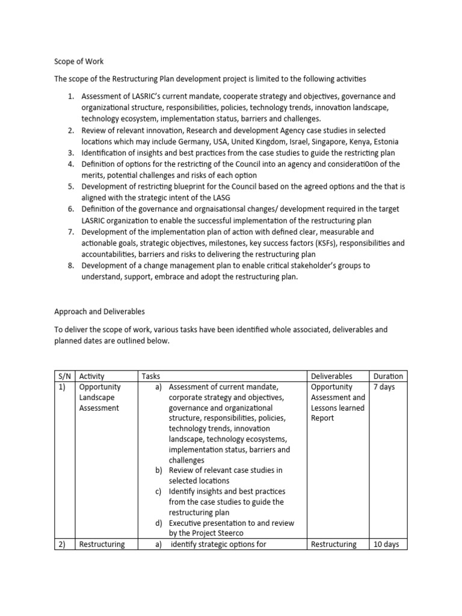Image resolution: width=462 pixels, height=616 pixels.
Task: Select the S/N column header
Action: [64, 376]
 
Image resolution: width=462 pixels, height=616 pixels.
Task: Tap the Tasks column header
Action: [150, 376]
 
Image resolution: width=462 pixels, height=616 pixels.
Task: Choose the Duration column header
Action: [388, 376]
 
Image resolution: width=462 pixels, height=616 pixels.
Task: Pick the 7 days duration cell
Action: [384, 387]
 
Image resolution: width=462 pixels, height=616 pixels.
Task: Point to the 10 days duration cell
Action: [386, 544]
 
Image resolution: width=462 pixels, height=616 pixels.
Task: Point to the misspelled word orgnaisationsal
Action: [199, 209]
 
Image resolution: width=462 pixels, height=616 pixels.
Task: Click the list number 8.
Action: [70, 265]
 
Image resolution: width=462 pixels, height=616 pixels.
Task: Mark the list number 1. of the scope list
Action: [70, 96]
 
